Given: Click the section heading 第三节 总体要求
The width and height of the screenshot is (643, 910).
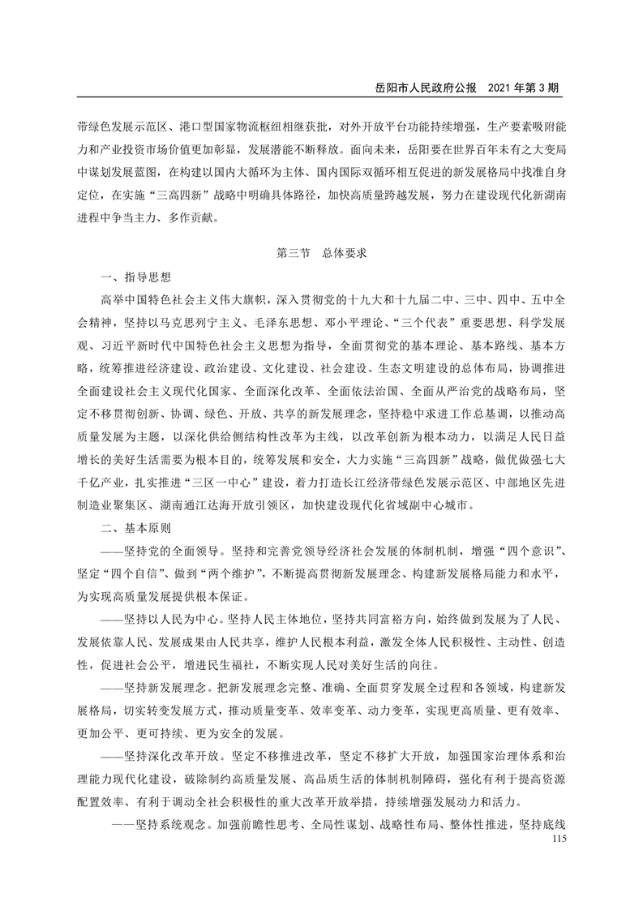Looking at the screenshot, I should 322,253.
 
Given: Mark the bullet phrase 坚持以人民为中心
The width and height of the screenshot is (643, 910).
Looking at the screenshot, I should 173,620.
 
